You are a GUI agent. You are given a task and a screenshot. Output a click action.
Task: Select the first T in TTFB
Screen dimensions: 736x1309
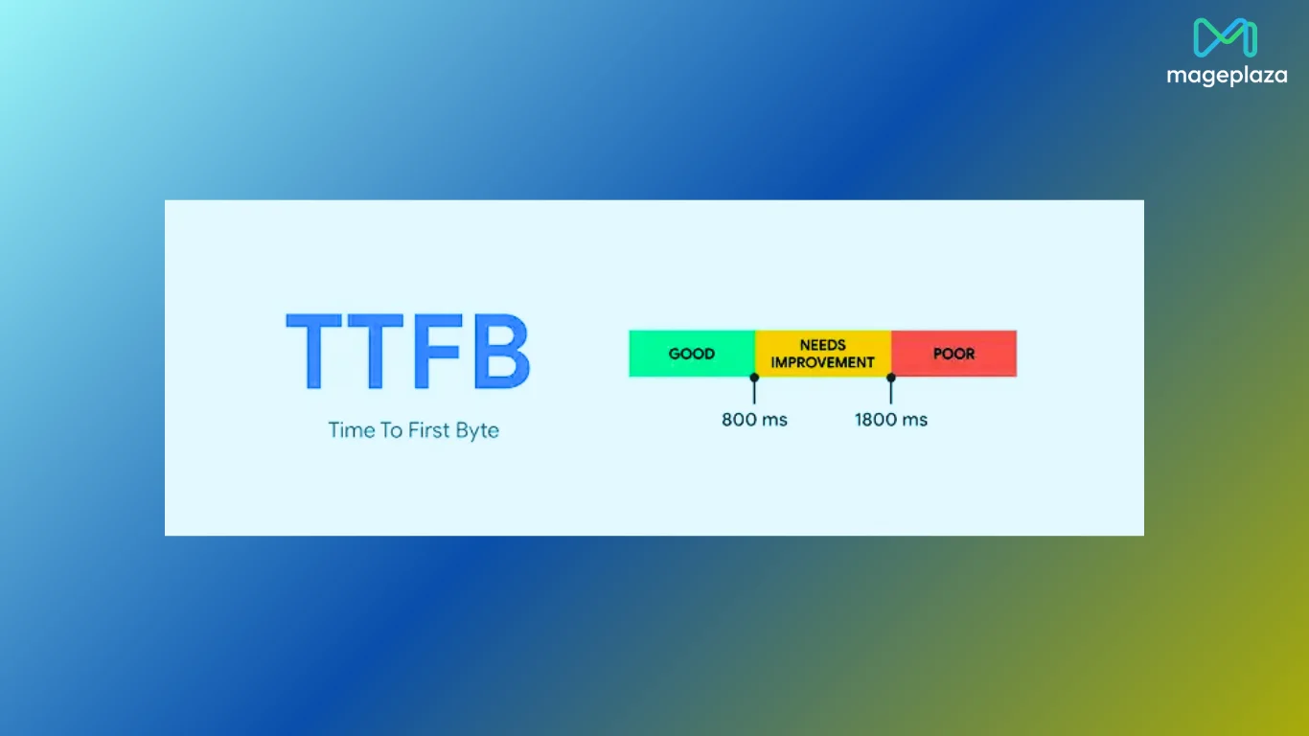317,351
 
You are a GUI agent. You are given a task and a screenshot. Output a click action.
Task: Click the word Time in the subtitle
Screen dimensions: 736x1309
352,430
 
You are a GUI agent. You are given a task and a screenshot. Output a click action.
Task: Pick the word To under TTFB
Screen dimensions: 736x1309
392,430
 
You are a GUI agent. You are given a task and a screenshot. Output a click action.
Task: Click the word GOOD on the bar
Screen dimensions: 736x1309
692,354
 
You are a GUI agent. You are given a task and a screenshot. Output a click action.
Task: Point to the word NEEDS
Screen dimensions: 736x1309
823,345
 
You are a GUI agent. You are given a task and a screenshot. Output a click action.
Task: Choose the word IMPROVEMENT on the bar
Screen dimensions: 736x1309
823,362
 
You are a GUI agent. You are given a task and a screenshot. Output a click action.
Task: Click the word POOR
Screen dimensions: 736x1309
953,354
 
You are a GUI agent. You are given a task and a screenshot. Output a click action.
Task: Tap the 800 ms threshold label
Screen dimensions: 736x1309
754,420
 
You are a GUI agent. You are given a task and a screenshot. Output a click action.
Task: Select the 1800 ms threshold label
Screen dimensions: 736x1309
891,420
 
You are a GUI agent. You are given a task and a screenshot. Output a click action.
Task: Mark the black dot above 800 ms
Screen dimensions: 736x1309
754,378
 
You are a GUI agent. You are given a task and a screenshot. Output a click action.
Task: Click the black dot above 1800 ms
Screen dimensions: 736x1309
891,378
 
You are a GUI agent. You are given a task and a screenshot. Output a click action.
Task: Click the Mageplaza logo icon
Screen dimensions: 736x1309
1226,38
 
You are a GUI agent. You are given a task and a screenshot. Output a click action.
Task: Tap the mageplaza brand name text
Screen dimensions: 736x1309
1227,76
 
